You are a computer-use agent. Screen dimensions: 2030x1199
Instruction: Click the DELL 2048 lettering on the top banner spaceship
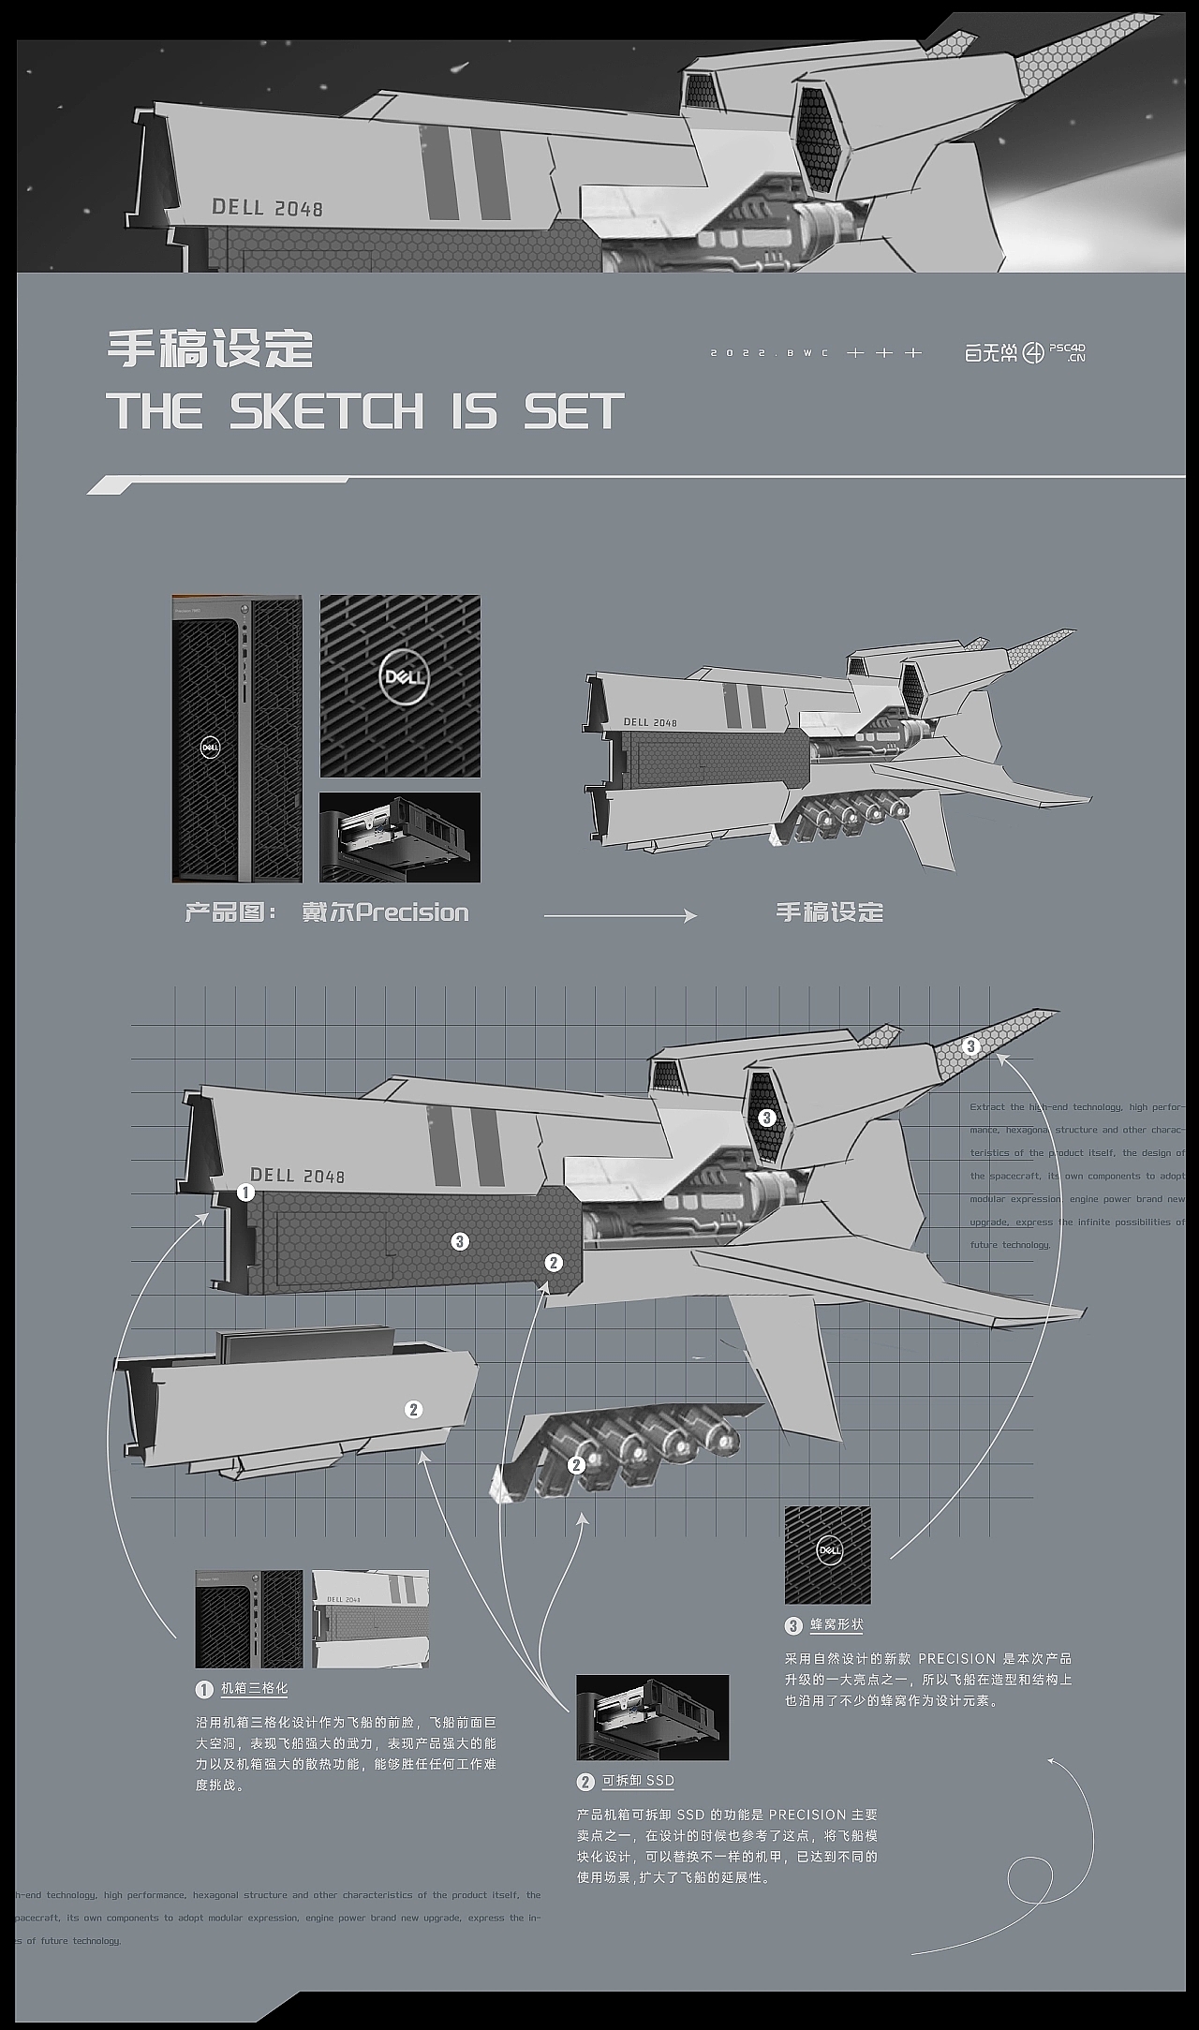(x=267, y=207)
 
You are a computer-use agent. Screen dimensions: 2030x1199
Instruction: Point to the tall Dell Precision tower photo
(x=237, y=738)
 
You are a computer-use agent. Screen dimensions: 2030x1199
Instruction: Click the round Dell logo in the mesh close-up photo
(x=403, y=676)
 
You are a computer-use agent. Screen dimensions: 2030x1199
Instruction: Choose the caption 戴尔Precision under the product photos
(x=384, y=911)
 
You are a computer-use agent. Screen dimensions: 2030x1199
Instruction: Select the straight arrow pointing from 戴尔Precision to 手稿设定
(x=620, y=915)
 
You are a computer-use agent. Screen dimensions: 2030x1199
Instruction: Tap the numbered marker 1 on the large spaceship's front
(x=245, y=1193)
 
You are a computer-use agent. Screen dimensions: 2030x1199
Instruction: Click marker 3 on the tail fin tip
(x=970, y=1045)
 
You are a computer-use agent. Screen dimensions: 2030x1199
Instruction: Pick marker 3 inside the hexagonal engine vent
(x=767, y=1117)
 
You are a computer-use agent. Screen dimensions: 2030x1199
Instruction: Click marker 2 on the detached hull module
(x=413, y=1409)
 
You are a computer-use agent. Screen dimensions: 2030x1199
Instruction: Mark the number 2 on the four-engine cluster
(x=576, y=1463)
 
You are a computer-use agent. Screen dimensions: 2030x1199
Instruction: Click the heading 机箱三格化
(x=254, y=1688)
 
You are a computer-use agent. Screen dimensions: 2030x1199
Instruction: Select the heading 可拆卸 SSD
(x=637, y=1781)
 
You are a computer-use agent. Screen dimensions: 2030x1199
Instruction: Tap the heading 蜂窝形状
(x=836, y=1624)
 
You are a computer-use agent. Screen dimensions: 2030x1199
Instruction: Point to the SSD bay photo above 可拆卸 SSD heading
(x=652, y=1717)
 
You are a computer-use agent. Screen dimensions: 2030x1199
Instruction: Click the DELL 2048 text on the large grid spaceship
(x=297, y=1176)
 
